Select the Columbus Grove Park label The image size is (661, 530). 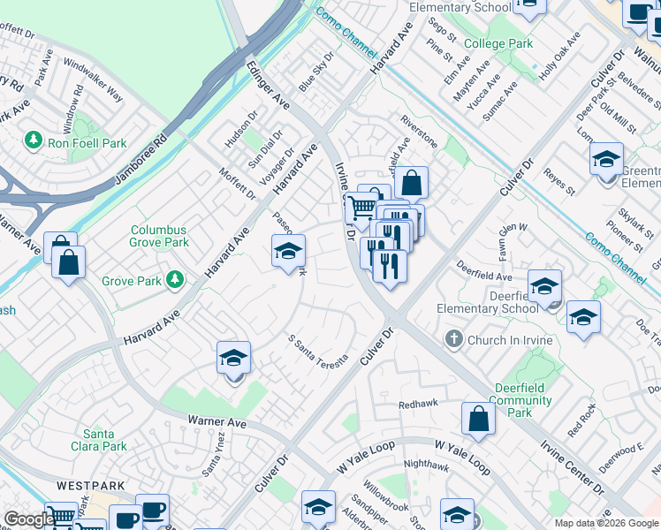[x=160, y=235]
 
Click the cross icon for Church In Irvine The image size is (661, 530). [x=453, y=340]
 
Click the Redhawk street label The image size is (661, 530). [x=418, y=403]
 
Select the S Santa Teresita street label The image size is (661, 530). [x=319, y=350]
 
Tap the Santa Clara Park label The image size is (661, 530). [x=105, y=440]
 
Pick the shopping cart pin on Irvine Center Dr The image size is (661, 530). [x=361, y=208]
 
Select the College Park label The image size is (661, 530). [x=498, y=43]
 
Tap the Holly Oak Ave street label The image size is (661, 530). [x=559, y=57]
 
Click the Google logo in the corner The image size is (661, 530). [x=29, y=519]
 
